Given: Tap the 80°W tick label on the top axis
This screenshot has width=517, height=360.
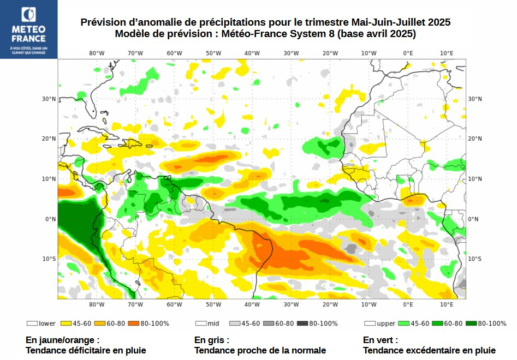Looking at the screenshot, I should coord(97,53).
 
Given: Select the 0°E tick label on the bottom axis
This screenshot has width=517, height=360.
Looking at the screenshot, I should coord(408,304).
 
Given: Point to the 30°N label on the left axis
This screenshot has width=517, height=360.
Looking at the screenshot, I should coord(50,99).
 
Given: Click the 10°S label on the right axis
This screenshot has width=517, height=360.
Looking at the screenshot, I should coord(474,259).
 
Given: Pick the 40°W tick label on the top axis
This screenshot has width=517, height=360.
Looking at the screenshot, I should coord(252,53).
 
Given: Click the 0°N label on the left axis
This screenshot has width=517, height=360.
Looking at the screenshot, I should coord(51,219).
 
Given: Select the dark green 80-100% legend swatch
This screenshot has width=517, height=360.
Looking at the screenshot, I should coord(471,323).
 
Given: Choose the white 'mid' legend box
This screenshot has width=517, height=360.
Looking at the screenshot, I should coord(200,323).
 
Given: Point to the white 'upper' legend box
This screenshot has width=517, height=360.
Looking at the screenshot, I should coord(370,323).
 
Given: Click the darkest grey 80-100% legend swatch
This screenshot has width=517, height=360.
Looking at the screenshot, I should coord(302,323).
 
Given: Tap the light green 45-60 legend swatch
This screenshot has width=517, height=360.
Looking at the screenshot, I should coord(404,323).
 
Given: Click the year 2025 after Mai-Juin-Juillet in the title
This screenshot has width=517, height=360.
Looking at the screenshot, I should coord(439,22).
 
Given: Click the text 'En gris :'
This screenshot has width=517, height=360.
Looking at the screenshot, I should coord(212,340).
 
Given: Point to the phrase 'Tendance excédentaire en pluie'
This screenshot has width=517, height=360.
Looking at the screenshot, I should coord(429,350).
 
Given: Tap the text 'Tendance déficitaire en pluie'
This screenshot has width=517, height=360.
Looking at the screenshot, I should coord(86,350).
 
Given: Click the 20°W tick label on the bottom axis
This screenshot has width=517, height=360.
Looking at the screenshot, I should coord(330,304).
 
